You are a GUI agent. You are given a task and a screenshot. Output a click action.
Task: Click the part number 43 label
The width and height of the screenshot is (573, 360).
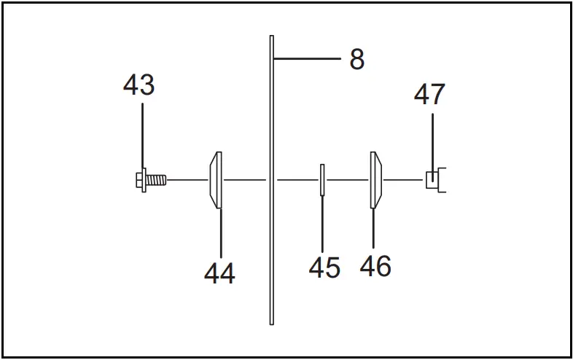(x=139, y=85)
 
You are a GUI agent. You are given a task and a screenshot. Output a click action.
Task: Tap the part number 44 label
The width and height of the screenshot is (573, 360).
(x=219, y=274)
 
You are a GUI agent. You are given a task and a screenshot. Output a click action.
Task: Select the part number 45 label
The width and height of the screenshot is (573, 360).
(x=324, y=267)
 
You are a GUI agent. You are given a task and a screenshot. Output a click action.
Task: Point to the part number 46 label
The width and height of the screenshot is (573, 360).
(x=375, y=266)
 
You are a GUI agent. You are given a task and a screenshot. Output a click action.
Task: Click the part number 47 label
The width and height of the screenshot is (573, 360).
(x=430, y=95)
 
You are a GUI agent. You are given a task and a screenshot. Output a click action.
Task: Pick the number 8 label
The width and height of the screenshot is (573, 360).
(x=356, y=60)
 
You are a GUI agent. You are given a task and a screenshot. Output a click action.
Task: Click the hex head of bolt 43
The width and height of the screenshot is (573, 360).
(x=141, y=179)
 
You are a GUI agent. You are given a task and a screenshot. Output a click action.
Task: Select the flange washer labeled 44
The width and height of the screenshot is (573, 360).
(x=217, y=180)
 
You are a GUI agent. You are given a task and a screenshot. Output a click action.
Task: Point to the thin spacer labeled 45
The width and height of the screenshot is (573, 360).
(x=321, y=180)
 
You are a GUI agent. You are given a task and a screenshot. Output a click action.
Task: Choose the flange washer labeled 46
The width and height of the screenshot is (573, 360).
(x=375, y=180)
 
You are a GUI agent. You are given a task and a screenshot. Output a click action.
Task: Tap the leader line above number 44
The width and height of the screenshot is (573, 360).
(x=220, y=233)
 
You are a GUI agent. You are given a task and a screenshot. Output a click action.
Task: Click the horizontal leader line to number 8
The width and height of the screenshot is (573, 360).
(x=306, y=58)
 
